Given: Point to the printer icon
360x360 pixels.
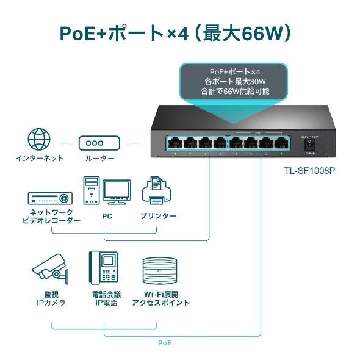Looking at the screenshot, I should (157, 192).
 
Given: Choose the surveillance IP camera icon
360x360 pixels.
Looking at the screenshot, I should (51, 269).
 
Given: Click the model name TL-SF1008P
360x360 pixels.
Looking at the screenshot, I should (309, 171).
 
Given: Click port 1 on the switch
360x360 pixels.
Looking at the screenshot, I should (281, 145).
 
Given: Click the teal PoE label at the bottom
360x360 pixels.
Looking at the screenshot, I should (165, 343).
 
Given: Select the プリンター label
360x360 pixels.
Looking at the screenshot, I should (158, 216).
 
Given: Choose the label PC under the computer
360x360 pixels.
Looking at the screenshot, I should (107, 216).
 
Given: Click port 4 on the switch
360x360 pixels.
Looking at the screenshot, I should (236, 145).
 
